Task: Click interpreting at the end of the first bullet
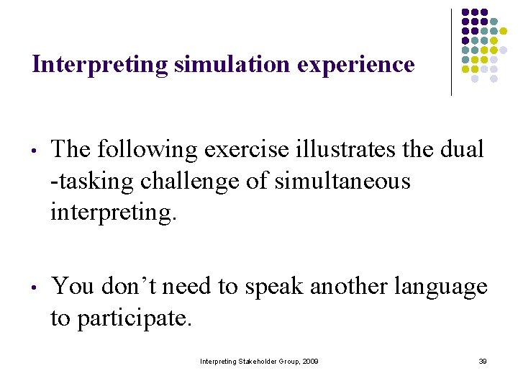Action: point(112,213)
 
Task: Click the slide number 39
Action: point(482,361)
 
